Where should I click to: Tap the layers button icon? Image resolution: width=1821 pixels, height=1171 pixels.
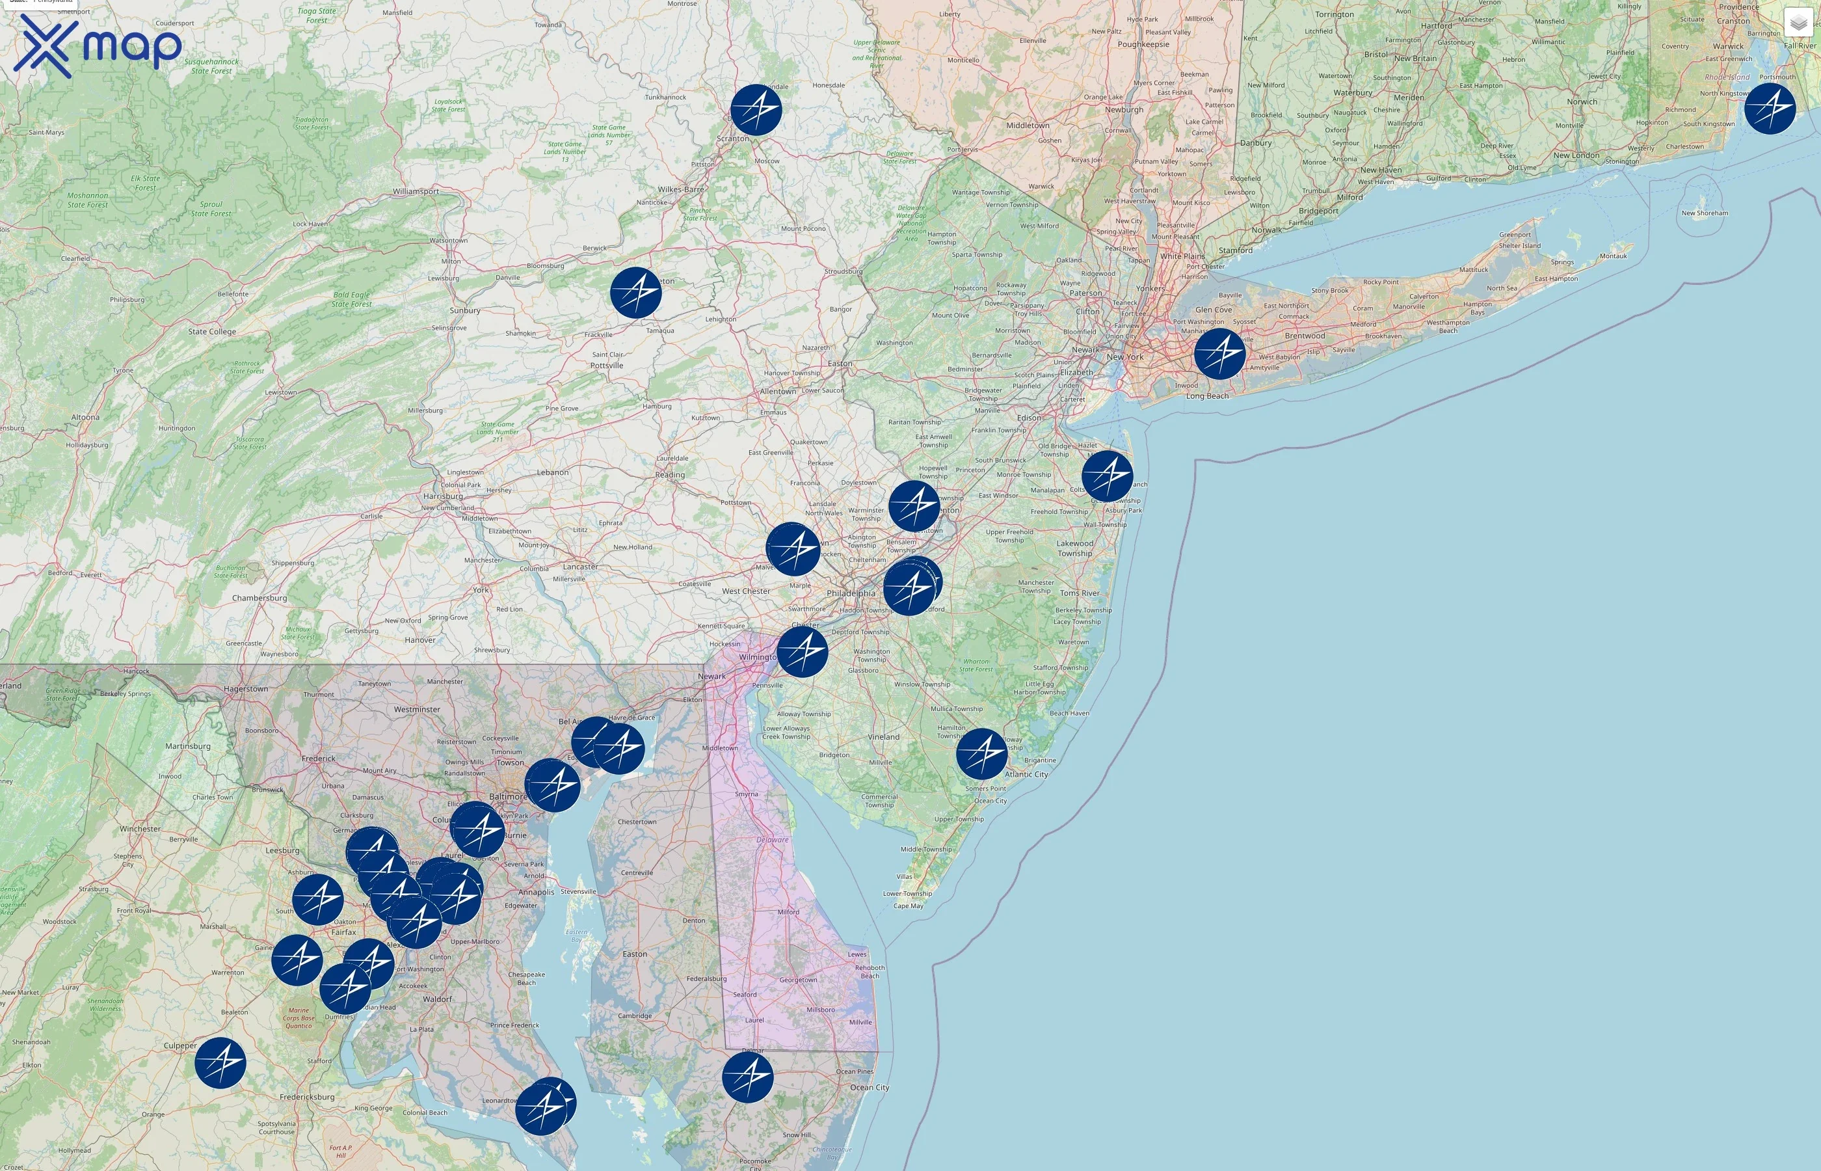(x=1798, y=23)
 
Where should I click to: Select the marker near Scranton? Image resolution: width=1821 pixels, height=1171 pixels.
(x=756, y=110)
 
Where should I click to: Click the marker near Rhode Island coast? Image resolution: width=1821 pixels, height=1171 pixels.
(x=1770, y=109)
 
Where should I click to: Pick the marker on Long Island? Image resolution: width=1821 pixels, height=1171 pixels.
(x=1220, y=354)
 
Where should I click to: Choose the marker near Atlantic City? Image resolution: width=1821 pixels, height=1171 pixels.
(x=982, y=753)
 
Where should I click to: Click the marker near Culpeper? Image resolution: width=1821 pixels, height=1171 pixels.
(x=220, y=1062)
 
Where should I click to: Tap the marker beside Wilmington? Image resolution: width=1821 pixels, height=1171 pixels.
(x=803, y=652)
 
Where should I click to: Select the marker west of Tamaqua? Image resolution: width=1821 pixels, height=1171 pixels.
(x=636, y=293)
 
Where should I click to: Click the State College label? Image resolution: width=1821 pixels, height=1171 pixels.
(x=212, y=332)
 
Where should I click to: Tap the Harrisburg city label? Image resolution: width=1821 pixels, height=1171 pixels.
(x=442, y=496)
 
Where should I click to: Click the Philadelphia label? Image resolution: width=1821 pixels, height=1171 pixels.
(x=851, y=593)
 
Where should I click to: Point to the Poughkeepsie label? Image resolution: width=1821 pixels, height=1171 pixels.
(x=1143, y=44)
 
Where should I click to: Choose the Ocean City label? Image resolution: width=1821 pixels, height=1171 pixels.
(x=869, y=1087)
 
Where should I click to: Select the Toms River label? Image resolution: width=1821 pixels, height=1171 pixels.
(x=1079, y=593)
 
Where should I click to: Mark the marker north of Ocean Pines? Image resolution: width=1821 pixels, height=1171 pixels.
(x=748, y=1077)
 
